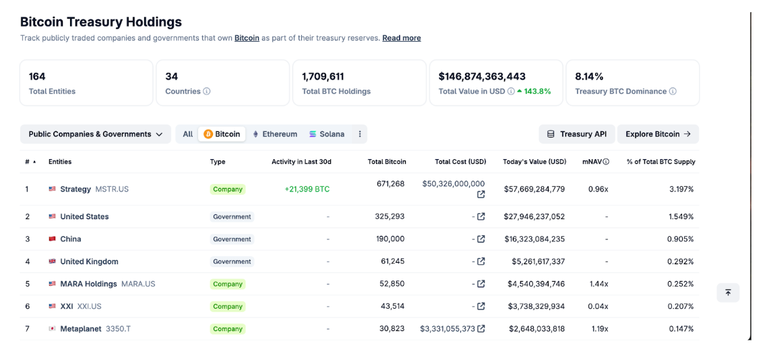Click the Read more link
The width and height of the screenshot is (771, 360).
[x=401, y=38]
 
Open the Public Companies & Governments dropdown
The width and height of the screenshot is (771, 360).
[x=96, y=134]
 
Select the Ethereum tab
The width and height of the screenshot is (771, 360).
[x=275, y=134]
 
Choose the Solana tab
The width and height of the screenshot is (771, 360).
[x=327, y=134]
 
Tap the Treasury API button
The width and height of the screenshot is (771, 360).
[x=577, y=134]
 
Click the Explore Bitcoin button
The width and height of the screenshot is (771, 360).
[x=658, y=134]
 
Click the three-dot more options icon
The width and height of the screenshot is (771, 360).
[x=359, y=134]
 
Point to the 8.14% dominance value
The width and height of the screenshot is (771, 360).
[x=589, y=77]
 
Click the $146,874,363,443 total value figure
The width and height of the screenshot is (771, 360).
[x=482, y=77]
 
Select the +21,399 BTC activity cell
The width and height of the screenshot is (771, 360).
[x=307, y=189]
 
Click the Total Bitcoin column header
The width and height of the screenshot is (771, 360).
[x=387, y=162]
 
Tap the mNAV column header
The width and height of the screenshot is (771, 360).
[x=596, y=162]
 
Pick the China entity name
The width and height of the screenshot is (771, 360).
[x=70, y=239]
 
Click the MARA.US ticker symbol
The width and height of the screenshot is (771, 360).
[x=138, y=284]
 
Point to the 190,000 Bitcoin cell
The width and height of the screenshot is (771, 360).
[x=390, y=239]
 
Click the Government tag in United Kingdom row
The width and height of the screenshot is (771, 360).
[x=232, y=262]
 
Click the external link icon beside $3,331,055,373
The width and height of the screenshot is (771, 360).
[x=481, y=329]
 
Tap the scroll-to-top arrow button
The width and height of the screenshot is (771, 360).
[x=729, y=293]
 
